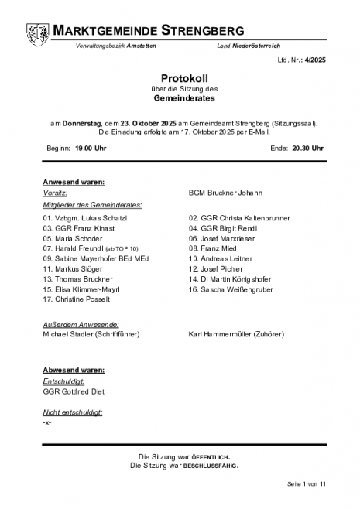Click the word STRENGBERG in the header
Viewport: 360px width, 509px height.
(204, 30)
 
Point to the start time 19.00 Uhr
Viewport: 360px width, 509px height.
(84, 147)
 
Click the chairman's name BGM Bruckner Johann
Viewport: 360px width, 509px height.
(225, 193)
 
